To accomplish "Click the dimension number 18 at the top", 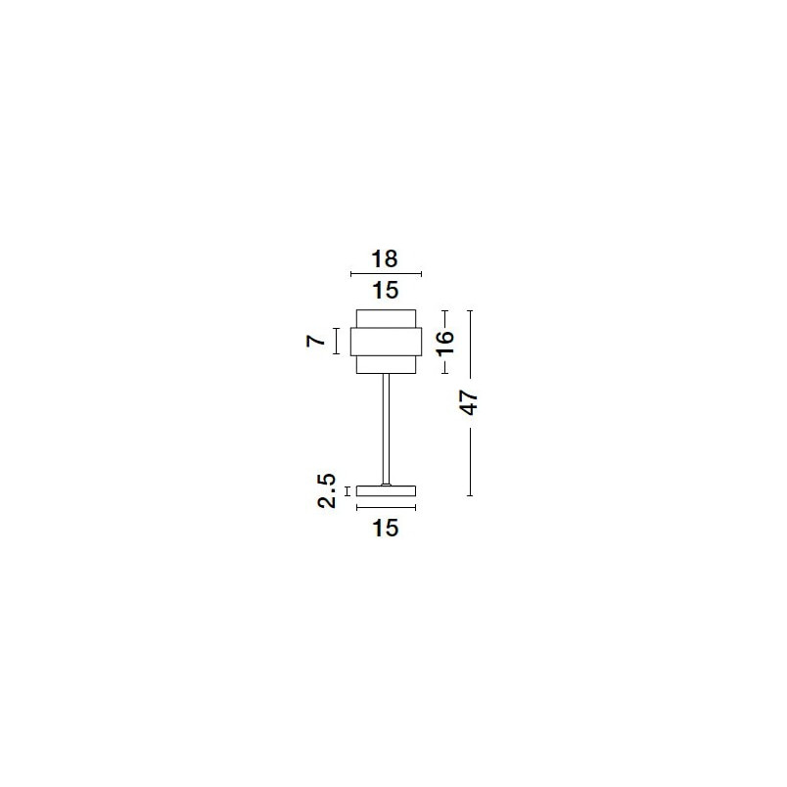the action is (x=385, y=259).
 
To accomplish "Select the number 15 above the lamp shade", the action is (x=386, y=290).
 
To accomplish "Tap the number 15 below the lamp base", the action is (x=386, y=528).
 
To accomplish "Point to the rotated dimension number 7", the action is (x=316, y=342).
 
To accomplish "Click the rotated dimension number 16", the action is (x=445, y=344).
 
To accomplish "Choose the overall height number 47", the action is (x=469, y=403).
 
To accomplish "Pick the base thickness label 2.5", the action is (x=327, y=490).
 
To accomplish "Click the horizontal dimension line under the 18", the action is (x=386, y=274).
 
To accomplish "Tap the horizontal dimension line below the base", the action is (x=386, y=507).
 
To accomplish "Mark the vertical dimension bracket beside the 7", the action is (x=337, y=342).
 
